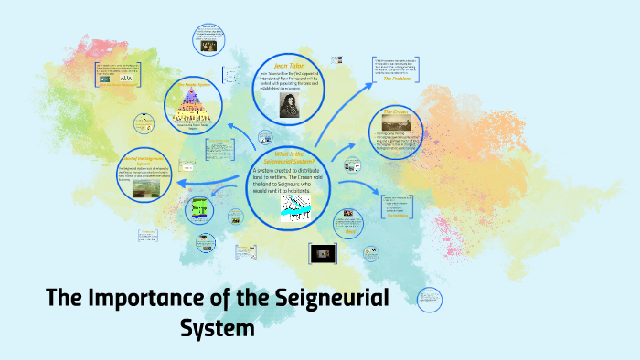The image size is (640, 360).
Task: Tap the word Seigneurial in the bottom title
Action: point(325,298)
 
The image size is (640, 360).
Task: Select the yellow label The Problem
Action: point(399,79)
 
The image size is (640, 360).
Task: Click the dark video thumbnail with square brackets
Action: point(322,252)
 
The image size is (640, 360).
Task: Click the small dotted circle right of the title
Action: point(428,298)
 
